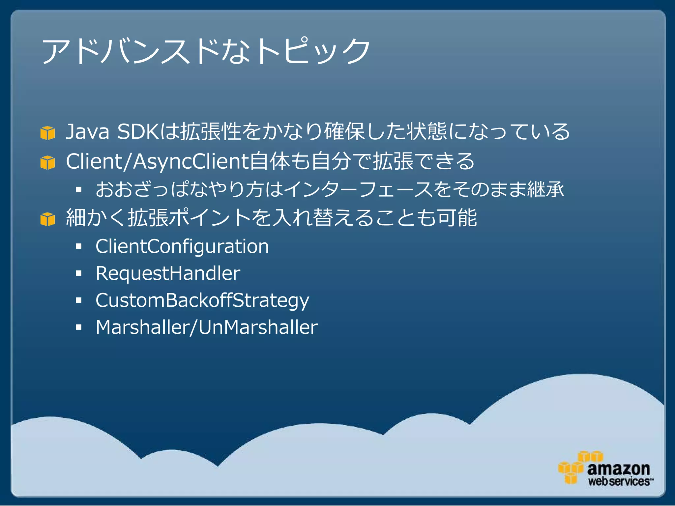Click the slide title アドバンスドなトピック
click(x=206, y=51)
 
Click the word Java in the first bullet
click(x=87, y=131)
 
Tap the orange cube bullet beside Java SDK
click(x=47, y=133)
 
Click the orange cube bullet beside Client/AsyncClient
click(x=47, y=162)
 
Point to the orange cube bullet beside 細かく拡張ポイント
click(x=47, y=219)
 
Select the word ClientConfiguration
click(x=182, y=246)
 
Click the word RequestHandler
click(x=168, y=273)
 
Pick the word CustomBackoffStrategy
click(x=202, y=300)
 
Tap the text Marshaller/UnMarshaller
click(x=207, y=327)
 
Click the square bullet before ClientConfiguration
click(x=78, y=246)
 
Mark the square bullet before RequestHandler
click(x=78, y=273)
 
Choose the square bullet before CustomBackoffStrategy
click(x=78, y=300)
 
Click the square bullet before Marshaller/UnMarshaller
click(x=78, y=327)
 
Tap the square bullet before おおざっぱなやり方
click(x=78, y=189)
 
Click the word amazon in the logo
click(x=618, y=468)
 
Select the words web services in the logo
click(x=619, y=481)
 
